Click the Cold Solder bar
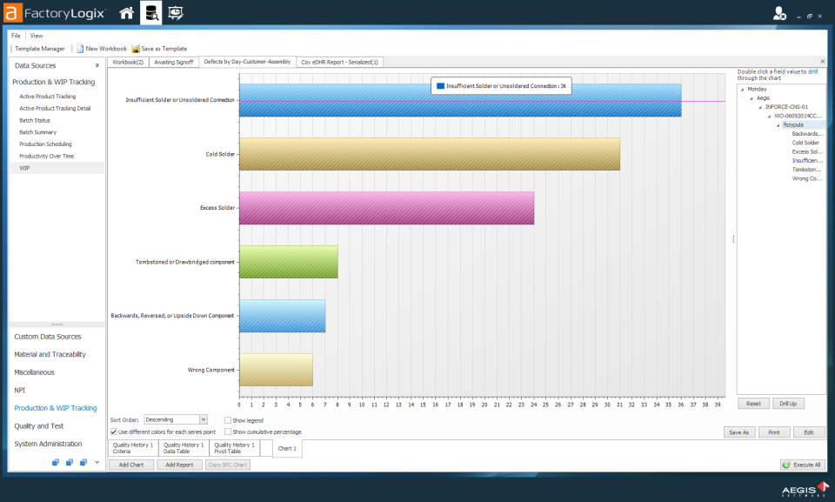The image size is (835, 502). (429, 154)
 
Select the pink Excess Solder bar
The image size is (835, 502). (386, 208)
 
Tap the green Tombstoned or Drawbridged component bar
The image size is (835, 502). (288, 262)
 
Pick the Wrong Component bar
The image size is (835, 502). (276, 370)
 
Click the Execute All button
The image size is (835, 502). (802, 465)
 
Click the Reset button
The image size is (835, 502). (753, 404)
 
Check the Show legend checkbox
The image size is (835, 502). (228, 420)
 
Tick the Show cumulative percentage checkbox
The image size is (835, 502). (228, 432)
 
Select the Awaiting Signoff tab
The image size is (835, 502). (173, 62)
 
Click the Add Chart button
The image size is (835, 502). (130, 465)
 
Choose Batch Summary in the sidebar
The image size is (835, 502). (38, 132)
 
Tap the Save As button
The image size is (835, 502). (738, 432)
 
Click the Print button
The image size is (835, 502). (774, 432)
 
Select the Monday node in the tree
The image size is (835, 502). (757, 89)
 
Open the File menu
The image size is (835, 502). (17, 36)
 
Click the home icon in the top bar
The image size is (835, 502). (127, 13)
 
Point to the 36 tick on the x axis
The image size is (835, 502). (681, 405)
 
